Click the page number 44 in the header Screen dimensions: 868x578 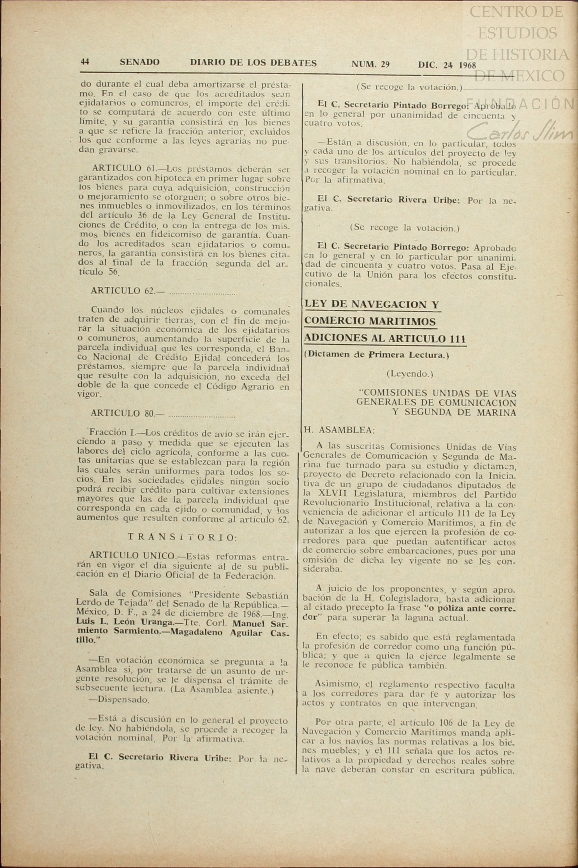(x=85, y=62)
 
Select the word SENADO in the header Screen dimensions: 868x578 (x=139, y=63)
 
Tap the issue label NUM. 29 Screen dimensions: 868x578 (x=370, y=65)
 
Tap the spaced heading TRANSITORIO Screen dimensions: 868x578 (x=182, y=537)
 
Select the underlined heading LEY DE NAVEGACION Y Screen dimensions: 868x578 (x=372, y=305)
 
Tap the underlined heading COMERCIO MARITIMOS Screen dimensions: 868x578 (x=370, y=322)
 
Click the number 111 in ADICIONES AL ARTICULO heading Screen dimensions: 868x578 (x=457, y=338)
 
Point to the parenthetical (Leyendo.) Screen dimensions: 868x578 (x=410, y=374)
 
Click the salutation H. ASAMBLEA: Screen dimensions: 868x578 (x=339, y=430)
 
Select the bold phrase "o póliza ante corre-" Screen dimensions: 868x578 (x=472, y=608)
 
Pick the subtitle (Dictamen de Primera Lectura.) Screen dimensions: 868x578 (x=376, y=355)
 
